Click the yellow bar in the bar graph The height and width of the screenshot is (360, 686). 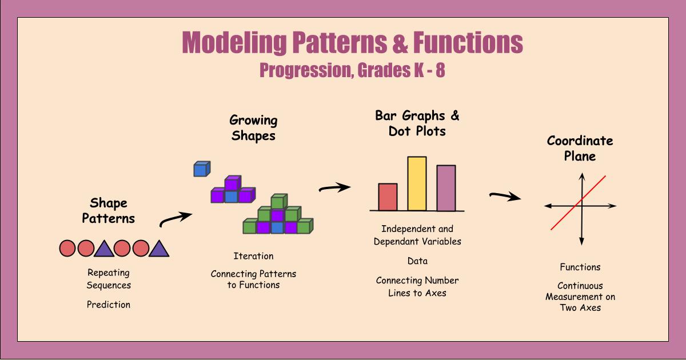[417, 183]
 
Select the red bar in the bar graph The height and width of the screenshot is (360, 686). [388, 197]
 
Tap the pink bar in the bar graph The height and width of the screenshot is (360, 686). [446, 188]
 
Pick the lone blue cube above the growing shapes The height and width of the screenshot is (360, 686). [201, 169]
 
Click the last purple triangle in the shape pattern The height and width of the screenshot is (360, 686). [159, 248]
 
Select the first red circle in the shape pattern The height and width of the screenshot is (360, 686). [68, 248]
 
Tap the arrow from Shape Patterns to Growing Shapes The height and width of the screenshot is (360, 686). [174, 218]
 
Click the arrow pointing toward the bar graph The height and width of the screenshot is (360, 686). [334, 187]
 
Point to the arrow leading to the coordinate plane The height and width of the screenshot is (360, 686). [505, 197]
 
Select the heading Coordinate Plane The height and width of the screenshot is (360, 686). [580, 148]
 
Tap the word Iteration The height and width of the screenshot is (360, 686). [253, 256]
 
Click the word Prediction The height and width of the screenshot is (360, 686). [109, 305]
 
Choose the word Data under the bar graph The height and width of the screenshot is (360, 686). [417, 261]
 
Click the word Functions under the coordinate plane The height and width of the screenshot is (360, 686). [580, 267]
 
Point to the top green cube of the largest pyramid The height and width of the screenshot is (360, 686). [278, 202]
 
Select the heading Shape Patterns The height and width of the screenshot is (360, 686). [109, 210]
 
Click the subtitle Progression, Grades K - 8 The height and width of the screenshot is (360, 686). [352, 71]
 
